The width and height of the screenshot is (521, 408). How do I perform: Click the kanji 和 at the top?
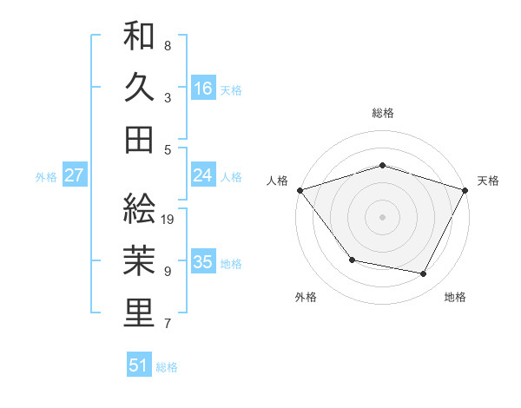pos(140,37)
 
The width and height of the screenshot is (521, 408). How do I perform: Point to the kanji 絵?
pos(140,208)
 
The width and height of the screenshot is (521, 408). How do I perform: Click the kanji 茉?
pos(140,260)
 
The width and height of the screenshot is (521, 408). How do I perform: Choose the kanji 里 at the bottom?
pos(140,313)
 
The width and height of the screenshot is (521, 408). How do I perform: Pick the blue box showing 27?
pos(75,175)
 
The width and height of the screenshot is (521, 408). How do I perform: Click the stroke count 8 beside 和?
pos(168,45)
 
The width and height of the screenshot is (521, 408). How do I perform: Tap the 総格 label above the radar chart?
pos(383,113)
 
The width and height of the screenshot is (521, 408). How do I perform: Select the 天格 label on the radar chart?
pos(488,181)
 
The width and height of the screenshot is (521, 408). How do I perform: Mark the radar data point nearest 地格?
pos(424,274)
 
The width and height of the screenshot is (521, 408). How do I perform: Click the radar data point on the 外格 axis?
pos(352,260)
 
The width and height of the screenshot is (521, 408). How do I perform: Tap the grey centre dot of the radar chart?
pos(383,216)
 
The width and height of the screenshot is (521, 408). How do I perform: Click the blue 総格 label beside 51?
pos(168,367)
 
